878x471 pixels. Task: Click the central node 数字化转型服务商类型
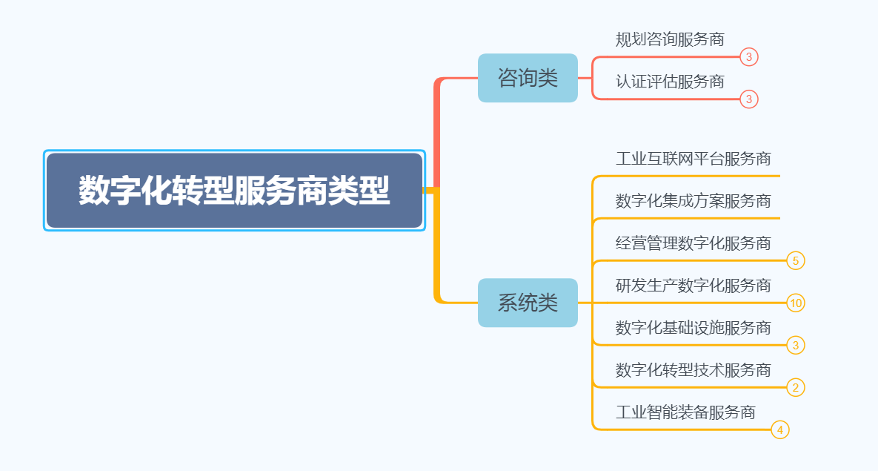point(234,191)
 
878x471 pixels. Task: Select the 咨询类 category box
point(528,78)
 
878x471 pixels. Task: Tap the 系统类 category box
point(528,303)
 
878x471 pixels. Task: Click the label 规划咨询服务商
point(670,39)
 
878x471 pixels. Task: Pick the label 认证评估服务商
point(670,82)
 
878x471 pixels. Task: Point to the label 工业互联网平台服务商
point(693,159)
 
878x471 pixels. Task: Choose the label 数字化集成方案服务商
point(693,201)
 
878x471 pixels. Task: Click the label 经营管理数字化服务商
point(693,243)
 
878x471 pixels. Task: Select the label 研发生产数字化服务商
point(693,286)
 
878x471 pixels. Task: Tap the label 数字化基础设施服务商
point(693,328)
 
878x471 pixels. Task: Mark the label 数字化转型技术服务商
point(693,370)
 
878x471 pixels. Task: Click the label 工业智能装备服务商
point(685,412)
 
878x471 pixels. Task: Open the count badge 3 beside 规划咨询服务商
point(749,57)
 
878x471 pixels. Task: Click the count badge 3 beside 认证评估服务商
point(749,99)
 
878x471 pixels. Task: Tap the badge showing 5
point(796,261)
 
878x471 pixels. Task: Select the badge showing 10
point(796,303)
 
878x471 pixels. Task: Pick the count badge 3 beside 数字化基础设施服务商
point(796,346)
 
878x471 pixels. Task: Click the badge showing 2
point(796,388)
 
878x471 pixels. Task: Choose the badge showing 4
point(780,430)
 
